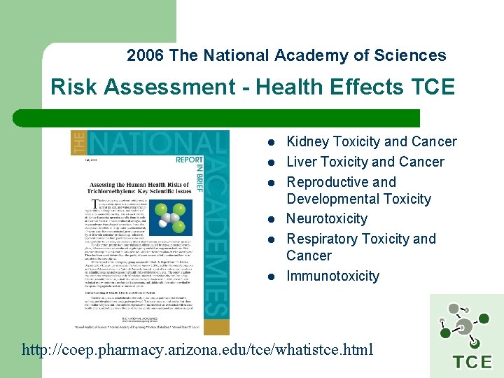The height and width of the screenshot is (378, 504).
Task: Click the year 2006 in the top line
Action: [x=146, y=56]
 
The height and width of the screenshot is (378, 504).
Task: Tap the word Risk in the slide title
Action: [x=73, y=87]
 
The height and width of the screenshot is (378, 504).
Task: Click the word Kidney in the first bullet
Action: [x=309, y=142]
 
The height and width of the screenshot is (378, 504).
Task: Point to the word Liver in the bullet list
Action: [x=302, y=162]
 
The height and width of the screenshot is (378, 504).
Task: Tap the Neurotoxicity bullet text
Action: [x=327, y=219]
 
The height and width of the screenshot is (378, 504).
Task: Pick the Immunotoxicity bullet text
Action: [x=332, y=276]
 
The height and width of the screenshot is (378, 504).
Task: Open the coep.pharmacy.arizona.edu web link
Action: [x=198, y=349]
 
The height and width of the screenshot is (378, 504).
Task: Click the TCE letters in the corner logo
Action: [x=472, y=362]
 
